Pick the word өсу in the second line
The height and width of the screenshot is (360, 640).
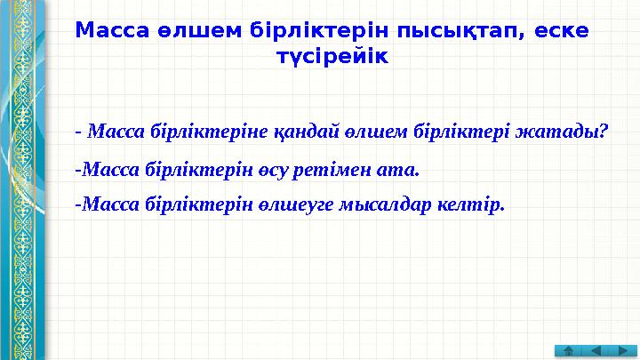point(277,169)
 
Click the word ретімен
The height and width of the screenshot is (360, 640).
point(333,169)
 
